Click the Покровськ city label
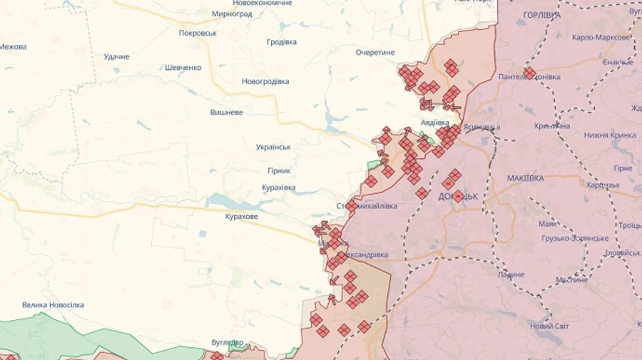[x=198, y=33]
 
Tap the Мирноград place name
[x=232, y=14]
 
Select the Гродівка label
[x=281, y=42]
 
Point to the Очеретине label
[x=375, y=52]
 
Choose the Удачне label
[x=116, y=56]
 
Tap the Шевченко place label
[x=183, y=68]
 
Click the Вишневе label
[x=226, y=113]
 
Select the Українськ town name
[x=273, y=147]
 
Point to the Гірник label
[x=279, y=171]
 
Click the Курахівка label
[x=278, y=188]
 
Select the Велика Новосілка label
[x=53, y=304]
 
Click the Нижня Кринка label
[x=609, y=135]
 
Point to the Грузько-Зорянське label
[x=576, y=238]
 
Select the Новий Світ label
[x=549, y=326]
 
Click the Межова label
[x=13, y=46]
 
